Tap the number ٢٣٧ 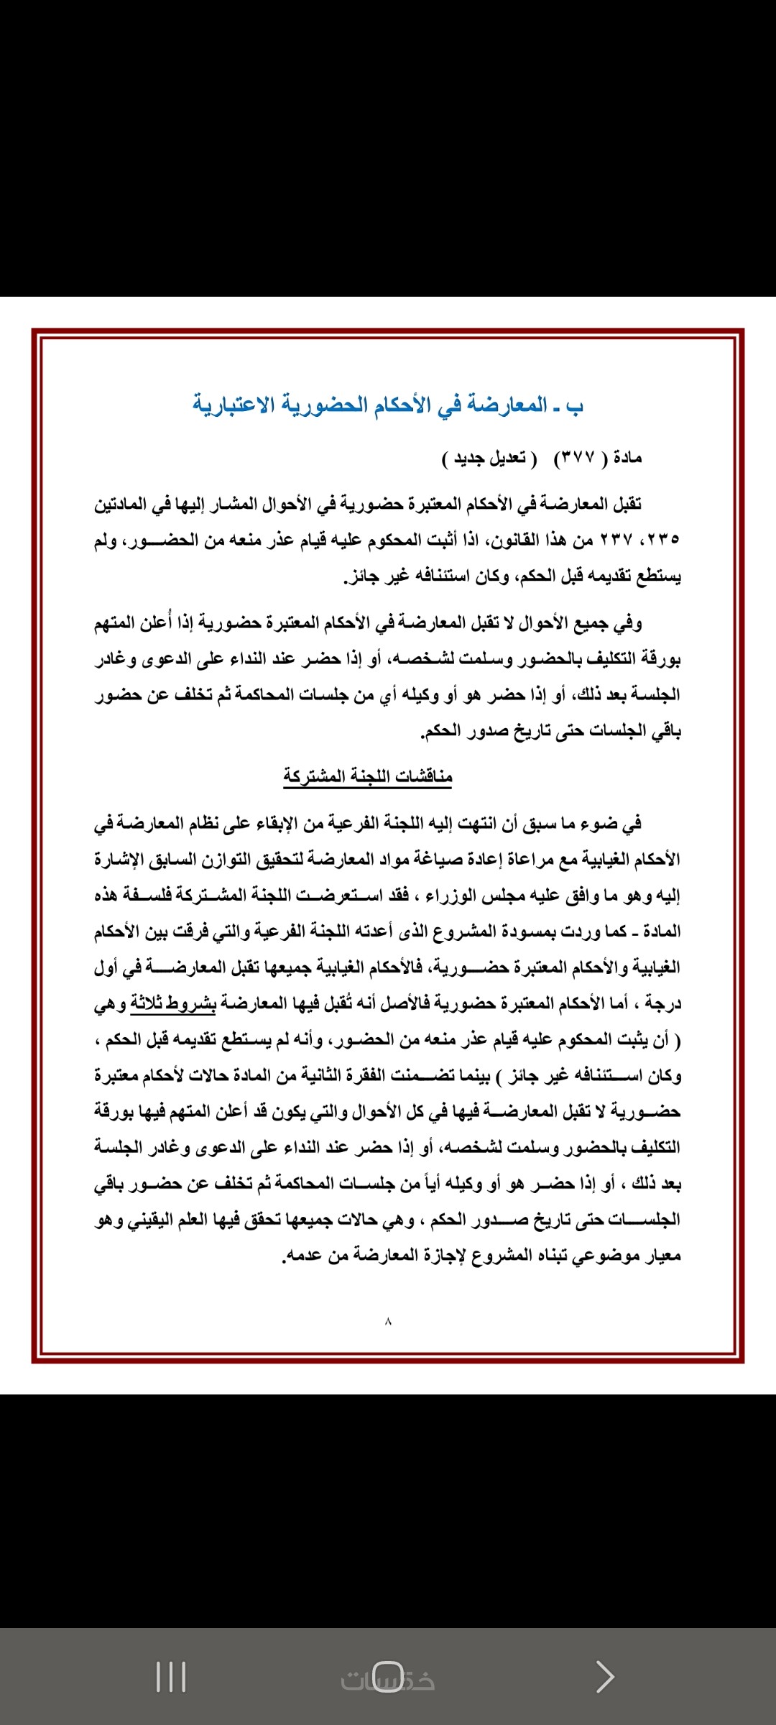click(x=616, y=540)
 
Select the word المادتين click(x=123, y=504)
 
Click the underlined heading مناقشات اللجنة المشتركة click(x=367, y=776)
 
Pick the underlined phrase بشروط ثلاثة click(x=172, y=1003)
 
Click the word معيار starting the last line click(x=662, y=1256)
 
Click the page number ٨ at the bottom click(x=388, y=1321)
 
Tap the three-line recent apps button click(x=171, y=1677)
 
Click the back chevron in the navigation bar click(x=605, y=1677)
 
